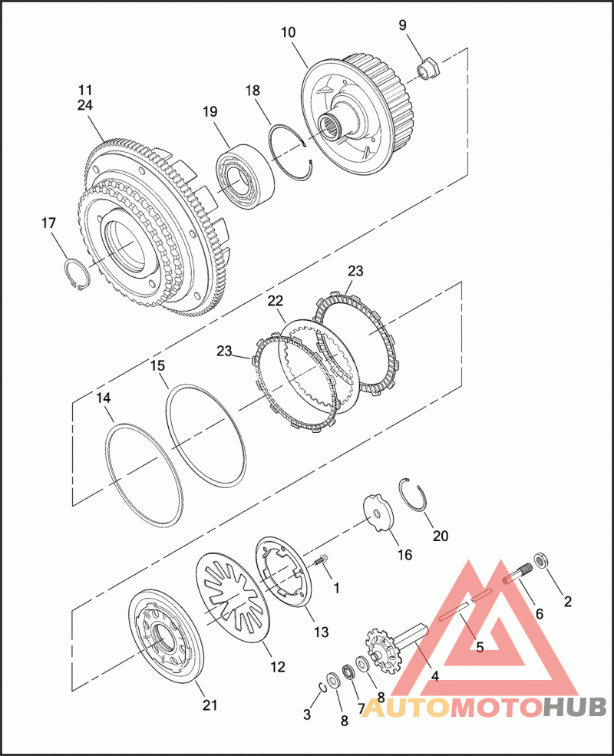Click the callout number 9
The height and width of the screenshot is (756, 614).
402,25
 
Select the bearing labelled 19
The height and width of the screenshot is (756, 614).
246,177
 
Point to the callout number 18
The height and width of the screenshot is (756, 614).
253,91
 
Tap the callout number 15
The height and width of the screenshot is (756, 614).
157,366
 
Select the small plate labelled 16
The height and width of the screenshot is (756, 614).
377,514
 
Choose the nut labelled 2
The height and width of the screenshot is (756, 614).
541,560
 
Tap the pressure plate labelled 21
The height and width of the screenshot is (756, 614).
167,640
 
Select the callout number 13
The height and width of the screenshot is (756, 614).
321,632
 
